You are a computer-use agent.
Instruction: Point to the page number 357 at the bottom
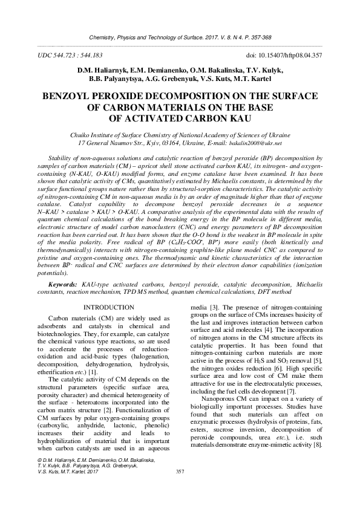pos(180,488)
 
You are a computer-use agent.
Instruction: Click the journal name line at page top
pos(180,37)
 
